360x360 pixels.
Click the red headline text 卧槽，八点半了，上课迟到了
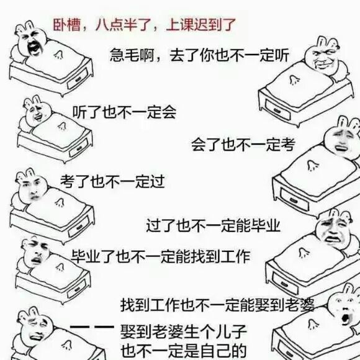coord(145,25)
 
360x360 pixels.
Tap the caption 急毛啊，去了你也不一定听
coord(199,55)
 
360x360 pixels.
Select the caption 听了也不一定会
coord(124,112)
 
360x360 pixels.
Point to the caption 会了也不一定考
coord(243,145)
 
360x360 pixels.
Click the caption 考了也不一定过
coord(112,181)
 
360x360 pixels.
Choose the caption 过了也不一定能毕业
coord(214,225)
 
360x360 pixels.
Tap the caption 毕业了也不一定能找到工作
coord(161,256)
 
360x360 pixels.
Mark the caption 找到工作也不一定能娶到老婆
coord(217,305)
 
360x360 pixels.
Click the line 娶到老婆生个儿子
coord(184,331)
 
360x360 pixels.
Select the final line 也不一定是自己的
coord(184,351)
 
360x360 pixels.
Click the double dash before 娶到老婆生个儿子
coord(92,327)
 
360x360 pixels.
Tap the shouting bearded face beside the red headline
coord(35,45)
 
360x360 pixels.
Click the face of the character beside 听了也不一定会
coord(37,114)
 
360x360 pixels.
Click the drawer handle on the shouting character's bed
coord(78,79)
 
